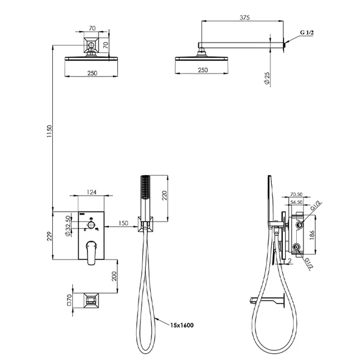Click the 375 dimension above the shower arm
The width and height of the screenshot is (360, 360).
coord(244,18)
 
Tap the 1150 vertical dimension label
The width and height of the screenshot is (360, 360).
coord(49,131)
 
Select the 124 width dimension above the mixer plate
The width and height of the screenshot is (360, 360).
coord(91,192)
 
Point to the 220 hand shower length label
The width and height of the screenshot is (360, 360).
coord(164,195)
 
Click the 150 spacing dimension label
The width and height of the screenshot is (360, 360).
coord(123,223)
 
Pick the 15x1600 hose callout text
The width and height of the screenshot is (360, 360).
coord(182,325)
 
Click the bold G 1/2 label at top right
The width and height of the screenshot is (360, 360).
coord(306,32)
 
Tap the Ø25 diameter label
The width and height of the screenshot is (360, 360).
coord(267,78)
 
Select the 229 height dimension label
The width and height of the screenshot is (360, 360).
coord(50,236)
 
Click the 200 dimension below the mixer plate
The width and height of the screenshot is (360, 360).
coord(114,276)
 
